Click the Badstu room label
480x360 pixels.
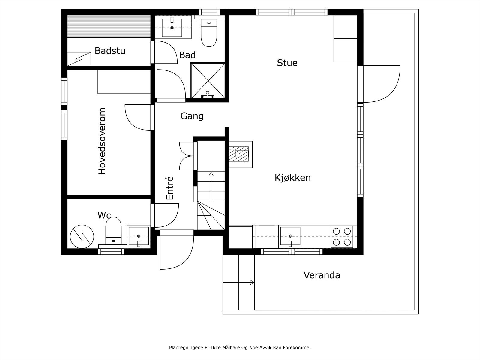pos(110,51)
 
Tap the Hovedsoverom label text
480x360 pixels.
pos(102,141)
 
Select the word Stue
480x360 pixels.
pos(287,63)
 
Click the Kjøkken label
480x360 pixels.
pos(292,178)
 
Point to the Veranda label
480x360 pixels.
pos(322,275)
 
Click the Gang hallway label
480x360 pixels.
pos(192,116)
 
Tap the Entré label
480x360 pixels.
pos(170,188)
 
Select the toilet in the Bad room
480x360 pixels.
pos(209,33)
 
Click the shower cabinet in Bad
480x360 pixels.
pos(208,80)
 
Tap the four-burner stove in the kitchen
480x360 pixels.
pos(342,236)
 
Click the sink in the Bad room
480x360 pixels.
pos(172,27)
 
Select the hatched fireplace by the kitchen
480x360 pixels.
pos(239,154)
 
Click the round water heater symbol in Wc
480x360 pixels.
pos(82,236)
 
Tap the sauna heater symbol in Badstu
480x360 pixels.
pos(79,59)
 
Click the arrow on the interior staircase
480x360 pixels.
pos(211,174)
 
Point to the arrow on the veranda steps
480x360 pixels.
pos(252,282)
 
